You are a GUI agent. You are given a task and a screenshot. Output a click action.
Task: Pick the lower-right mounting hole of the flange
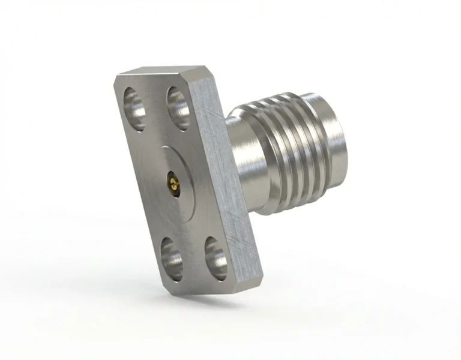click(214, 256)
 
